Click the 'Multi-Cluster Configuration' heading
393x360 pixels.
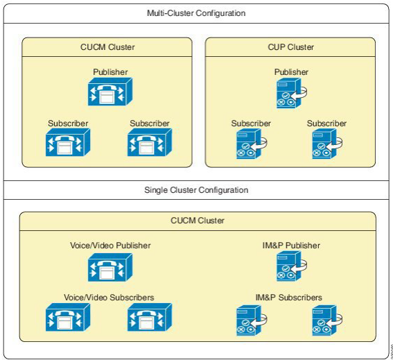pyautogui.click(x=196, y=13)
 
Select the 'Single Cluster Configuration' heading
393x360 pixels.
pyautogui.click(x=196, y=189)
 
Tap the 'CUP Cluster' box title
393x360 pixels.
pyautogui.click(x=291, y=47)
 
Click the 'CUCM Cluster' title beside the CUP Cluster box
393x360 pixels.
pyautogui.click(x=107, y=47)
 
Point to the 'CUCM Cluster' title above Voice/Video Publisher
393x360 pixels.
pyautogui.click(x=198, y=221)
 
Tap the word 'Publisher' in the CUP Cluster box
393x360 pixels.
pyautogui.click(x=291, y=72)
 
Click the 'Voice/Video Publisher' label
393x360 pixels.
pyautogui.click(x=110, y=245)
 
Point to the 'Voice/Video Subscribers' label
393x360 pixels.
pyautogui.click(x=110, y=297)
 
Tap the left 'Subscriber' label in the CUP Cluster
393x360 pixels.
pyautogui.click(x=251, y=123)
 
